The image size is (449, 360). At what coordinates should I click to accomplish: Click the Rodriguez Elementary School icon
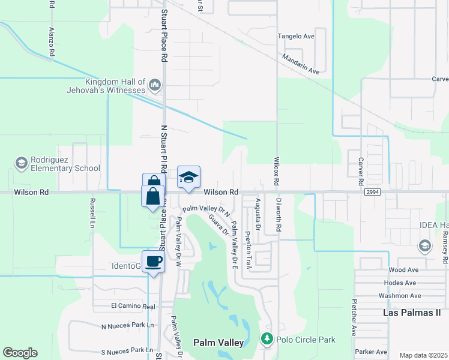(21, 163)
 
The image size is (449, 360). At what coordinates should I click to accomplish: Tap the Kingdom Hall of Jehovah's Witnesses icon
(155, 85)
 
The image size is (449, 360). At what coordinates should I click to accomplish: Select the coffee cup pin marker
(154, 260)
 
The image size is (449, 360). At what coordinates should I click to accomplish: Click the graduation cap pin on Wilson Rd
(188, 177)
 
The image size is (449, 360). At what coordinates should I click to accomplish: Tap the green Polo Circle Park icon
(268, 340)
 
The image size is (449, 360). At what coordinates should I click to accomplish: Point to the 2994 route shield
(371, 192)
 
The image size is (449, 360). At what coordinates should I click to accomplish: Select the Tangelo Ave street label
(296, 37)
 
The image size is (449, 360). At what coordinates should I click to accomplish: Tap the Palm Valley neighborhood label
(218, 343)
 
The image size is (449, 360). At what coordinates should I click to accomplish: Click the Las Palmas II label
(412, 313)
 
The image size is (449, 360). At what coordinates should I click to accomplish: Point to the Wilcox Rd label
(277, 172)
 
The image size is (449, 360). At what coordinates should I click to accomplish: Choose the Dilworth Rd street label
(279, 216)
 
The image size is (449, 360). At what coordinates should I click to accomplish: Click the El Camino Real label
(129, 306)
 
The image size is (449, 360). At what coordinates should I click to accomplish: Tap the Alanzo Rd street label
(52, 41)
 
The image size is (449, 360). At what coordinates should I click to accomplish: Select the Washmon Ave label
(399, 296)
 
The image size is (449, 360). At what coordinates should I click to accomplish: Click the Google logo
(20, 353)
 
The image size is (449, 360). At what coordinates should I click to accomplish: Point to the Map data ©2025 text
(423, 355)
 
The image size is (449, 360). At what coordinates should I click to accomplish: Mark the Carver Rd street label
(361, 171)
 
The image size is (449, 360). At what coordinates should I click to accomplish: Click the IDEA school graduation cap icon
(425, 245)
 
